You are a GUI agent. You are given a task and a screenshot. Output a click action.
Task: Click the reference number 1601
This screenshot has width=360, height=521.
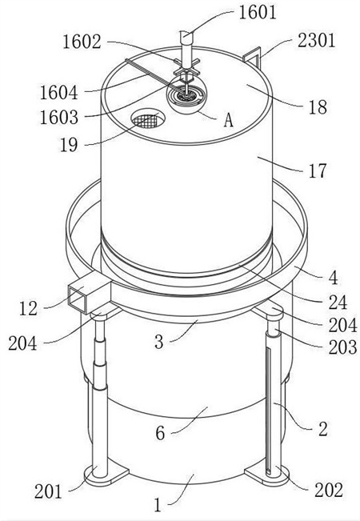click(x=258, y=13)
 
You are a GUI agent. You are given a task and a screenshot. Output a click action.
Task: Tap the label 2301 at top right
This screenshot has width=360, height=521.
click(x=316, y=41)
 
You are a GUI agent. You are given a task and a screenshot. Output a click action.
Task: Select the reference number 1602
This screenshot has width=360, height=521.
click(x=82, y=42)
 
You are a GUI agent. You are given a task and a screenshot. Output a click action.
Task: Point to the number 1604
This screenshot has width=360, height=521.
click(x=58, y=92)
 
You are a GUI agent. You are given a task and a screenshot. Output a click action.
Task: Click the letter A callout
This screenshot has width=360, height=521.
click(x=228, y=119)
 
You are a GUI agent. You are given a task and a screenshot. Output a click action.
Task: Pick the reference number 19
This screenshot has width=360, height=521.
click(x=69, y=145)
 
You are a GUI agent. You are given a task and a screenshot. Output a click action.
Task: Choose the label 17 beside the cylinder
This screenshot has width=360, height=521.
click(x=318, y=170)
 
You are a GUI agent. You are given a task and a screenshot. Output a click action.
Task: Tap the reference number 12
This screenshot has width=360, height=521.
click(x=28, y=308)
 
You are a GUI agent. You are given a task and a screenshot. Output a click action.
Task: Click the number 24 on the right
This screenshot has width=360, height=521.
click(x=338, y=303)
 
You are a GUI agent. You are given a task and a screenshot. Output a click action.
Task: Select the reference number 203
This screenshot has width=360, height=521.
click(x=342, y=347)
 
